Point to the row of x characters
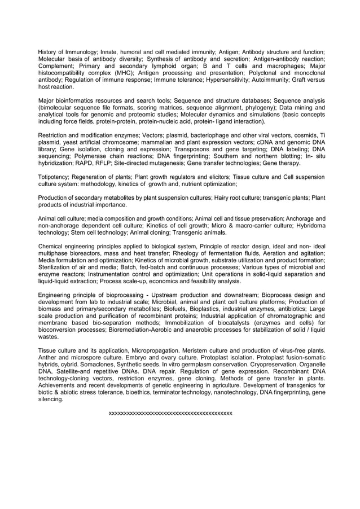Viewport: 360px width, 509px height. [170, 413]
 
